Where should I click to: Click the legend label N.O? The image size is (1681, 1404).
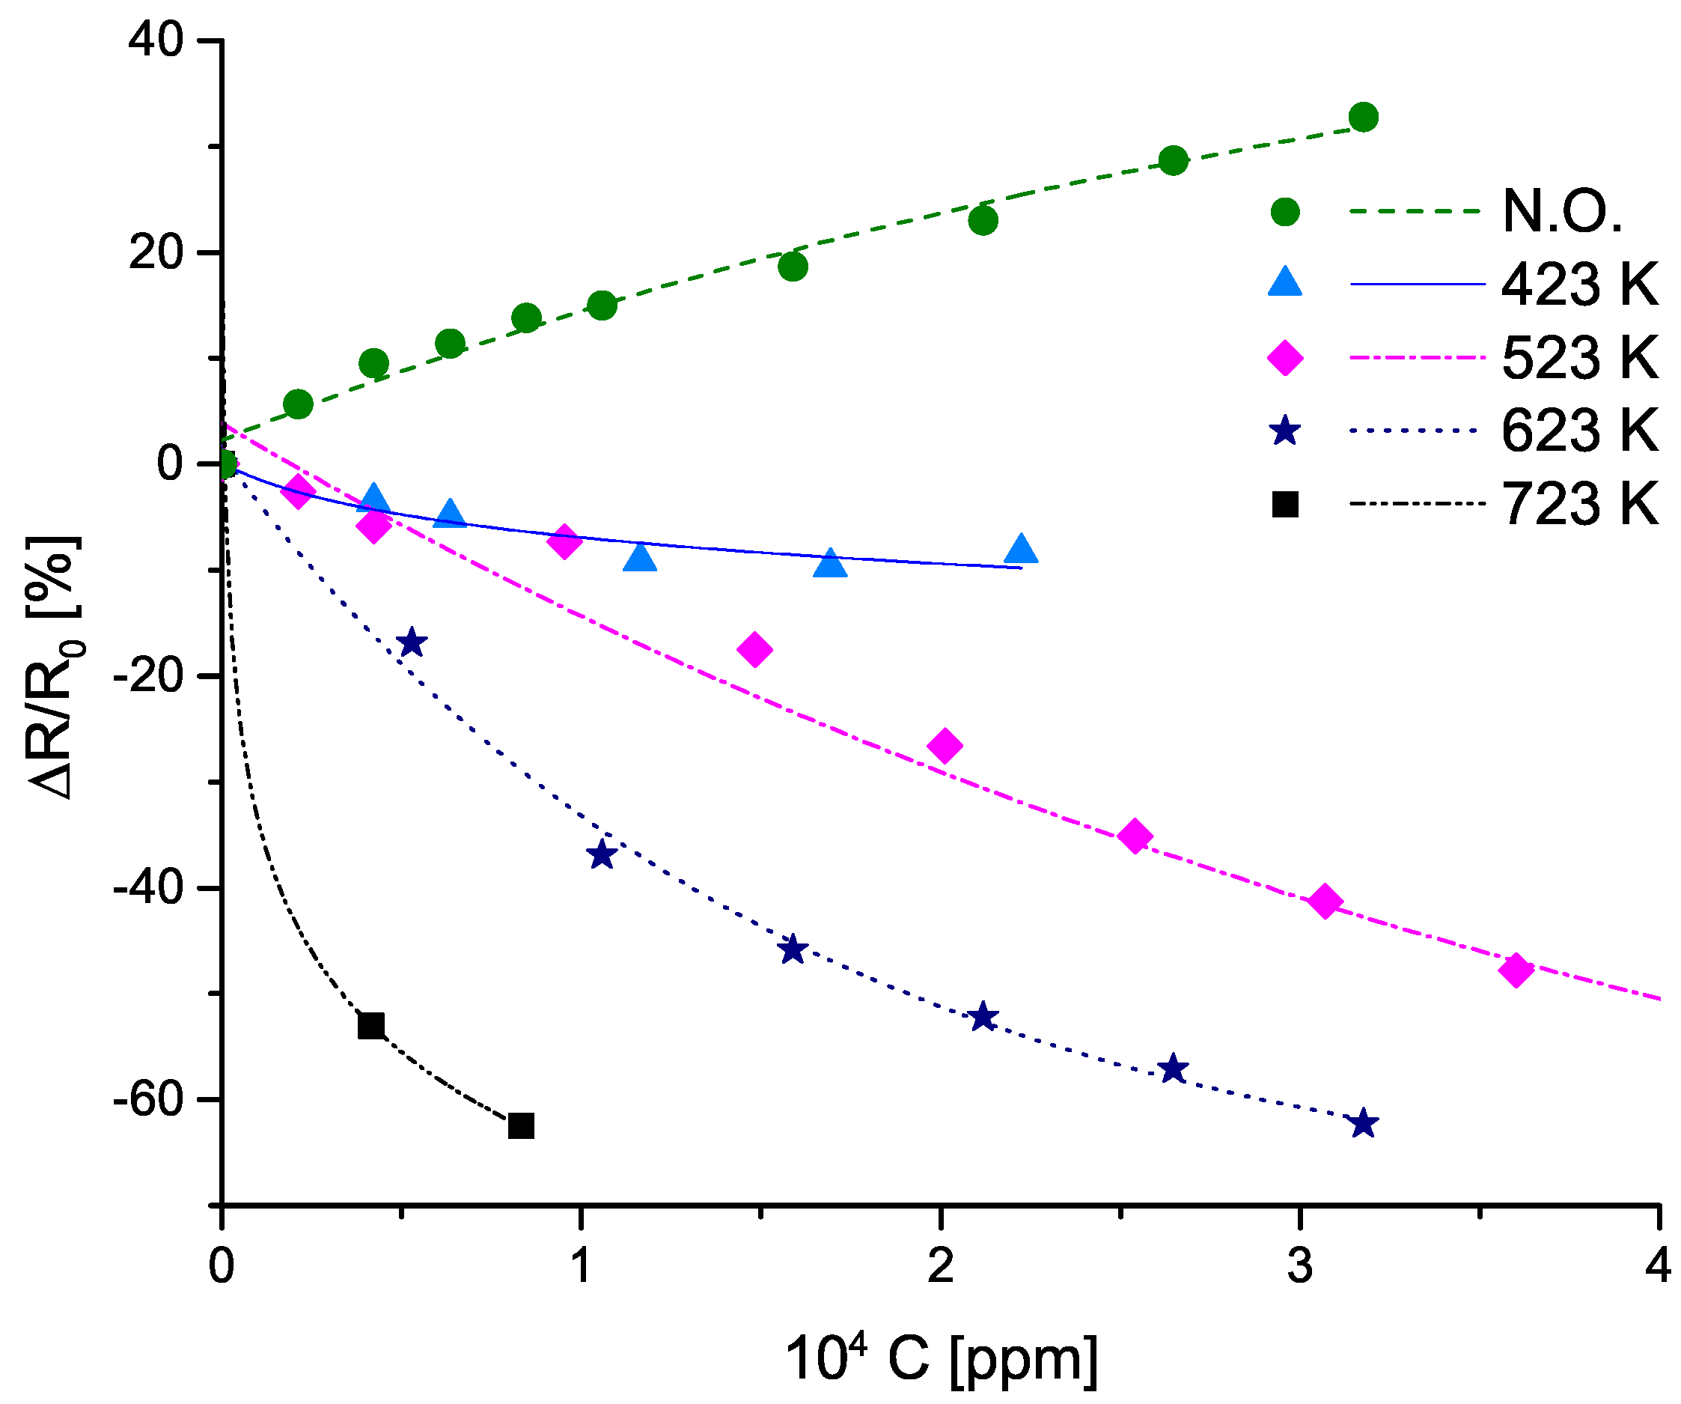coord(1562,212)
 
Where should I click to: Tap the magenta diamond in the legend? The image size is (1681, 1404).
coord(1286,357)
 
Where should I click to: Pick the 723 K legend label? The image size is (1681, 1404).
coord(1579,505)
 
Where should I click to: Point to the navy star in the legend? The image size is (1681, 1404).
coord(1286,431)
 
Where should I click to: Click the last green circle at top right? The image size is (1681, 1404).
coord(1363,117)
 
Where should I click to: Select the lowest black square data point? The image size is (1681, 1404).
coord(521,1126)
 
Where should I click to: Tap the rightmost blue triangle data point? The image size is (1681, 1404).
coord(1021,550)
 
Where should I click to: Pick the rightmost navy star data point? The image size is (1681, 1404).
coord(1363,1124)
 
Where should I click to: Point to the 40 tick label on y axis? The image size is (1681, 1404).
coord(157,40)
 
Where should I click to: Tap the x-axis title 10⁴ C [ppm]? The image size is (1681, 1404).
coord(941,1359)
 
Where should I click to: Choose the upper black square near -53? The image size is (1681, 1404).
coord(370,1025)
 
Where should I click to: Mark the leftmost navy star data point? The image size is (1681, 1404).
coord(412,642)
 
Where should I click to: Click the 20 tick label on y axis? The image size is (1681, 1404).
coord(157,252)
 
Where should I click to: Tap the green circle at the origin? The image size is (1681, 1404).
coord(226,464)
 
